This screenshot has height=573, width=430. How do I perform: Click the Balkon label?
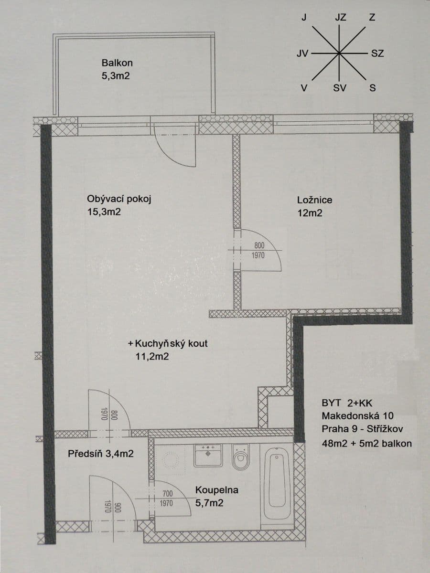point(117,63)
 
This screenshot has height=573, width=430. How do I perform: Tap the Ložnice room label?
point(314,200)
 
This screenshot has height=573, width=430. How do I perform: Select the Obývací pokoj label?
point(119,199)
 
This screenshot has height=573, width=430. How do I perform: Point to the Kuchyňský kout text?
point(171,343)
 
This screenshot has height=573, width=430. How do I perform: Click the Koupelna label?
point(216,490)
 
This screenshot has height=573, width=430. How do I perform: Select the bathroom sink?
point(208,455)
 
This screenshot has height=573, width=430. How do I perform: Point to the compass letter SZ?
point(377,53)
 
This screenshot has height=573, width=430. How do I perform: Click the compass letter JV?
point(302,53)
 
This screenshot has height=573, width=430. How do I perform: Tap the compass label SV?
point(340,88)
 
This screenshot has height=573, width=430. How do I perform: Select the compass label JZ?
point(340,18)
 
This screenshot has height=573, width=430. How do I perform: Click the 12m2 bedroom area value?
point(310,213)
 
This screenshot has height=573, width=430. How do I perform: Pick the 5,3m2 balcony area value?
point(116,75)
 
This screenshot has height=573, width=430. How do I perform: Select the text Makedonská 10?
point(357,416)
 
